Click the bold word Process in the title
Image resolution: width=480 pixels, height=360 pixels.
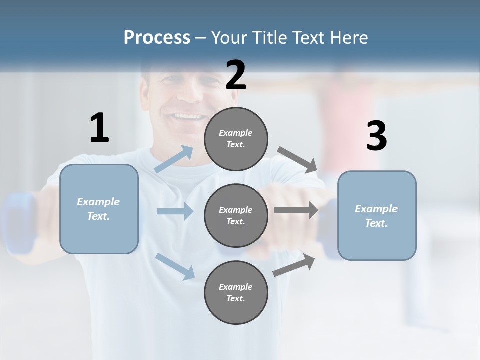(x=157, y=38)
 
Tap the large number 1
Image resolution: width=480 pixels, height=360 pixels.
(x=99, y=128)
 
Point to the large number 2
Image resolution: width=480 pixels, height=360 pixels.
(x=236, y=75)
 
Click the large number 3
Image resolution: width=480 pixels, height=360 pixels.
(x=376, y=137)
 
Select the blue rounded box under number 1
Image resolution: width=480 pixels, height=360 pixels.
(x=99, y=209)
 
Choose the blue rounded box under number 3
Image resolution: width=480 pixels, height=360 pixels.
(x=377, y=215)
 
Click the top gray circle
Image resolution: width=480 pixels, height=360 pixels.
(x=236, y=139)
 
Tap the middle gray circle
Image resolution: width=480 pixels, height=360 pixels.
(x=236, y=215)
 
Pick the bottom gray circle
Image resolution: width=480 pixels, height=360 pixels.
(x=236, y=292)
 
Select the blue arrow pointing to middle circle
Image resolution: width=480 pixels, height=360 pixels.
(x=175, y=211)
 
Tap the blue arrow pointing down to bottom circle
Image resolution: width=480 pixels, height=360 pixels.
(x=175, y=266)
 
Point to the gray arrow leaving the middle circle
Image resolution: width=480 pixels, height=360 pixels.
(x=296, y=210)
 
